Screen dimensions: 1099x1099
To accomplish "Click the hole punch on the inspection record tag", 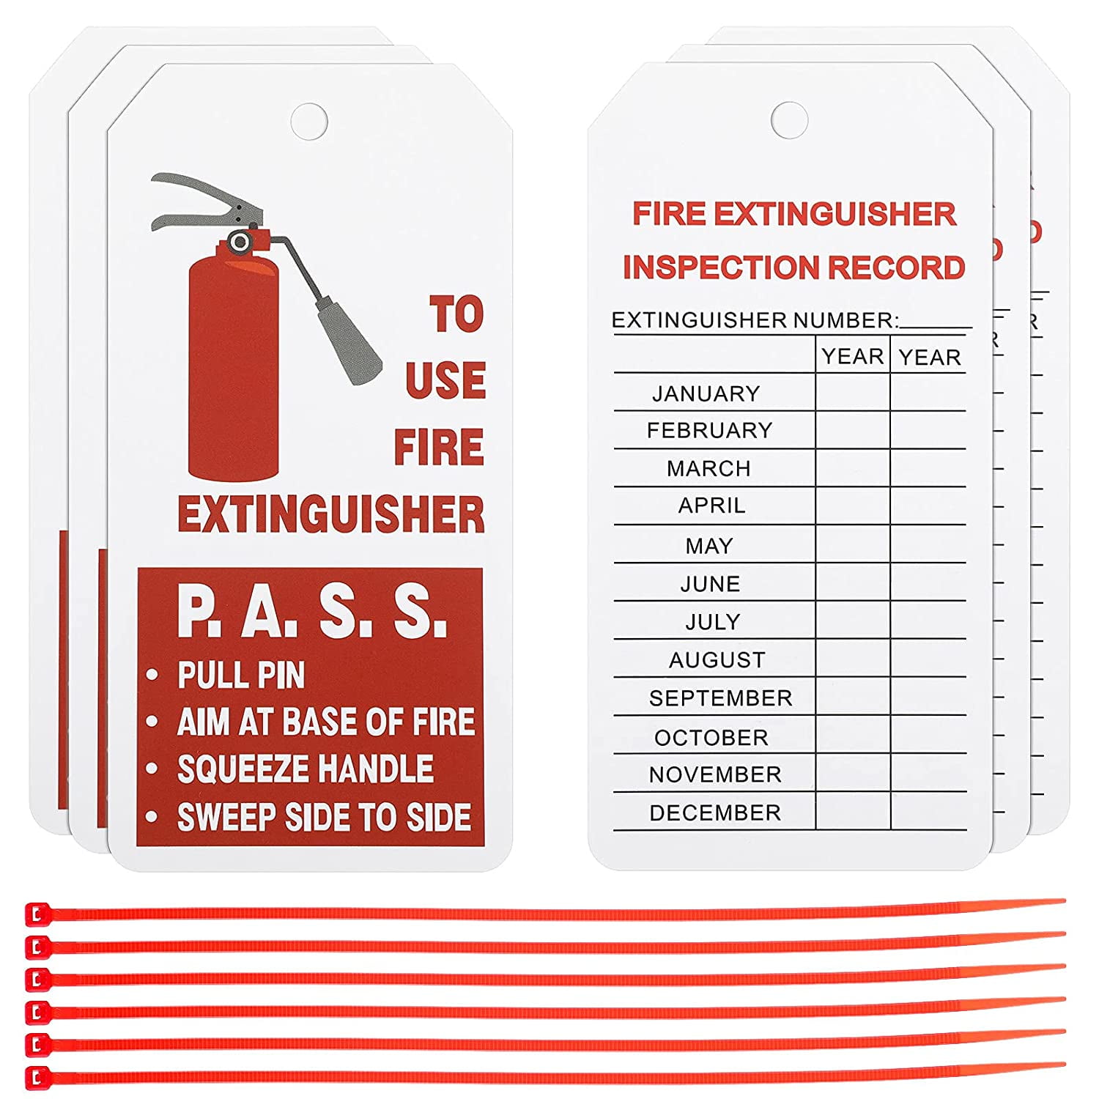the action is (789, 119).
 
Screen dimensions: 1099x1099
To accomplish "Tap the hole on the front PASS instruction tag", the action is (308, 121).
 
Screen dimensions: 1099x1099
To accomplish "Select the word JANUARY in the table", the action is (706, 393).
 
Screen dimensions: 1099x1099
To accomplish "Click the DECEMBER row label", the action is (715, 813).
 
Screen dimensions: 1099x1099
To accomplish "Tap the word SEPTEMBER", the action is (721, 698).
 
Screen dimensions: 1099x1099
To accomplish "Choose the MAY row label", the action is (709, 546).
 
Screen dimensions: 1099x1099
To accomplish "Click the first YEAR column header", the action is (853, 356).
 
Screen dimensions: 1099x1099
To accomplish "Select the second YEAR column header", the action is (930, 357).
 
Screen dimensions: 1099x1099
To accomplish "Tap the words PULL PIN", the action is (241, 675).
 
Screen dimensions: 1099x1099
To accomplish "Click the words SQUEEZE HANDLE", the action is (306, 769).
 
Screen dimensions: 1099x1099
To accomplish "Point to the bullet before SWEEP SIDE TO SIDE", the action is (152, 816).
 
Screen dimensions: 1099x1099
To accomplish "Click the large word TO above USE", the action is (457, 314).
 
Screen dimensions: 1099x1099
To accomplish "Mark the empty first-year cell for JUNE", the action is (853, 582).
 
